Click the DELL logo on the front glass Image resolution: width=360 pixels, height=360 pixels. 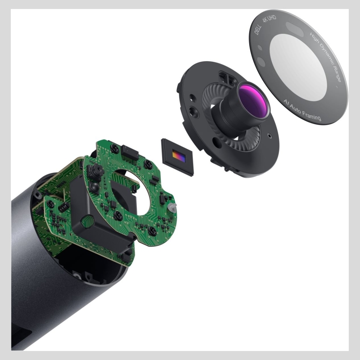(x=258, y=30)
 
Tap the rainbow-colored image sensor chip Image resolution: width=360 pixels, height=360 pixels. (x=179, y=157)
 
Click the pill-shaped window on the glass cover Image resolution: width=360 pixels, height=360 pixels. (x=295, y=29)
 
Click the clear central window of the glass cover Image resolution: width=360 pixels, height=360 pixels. (x=298, y=67)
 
